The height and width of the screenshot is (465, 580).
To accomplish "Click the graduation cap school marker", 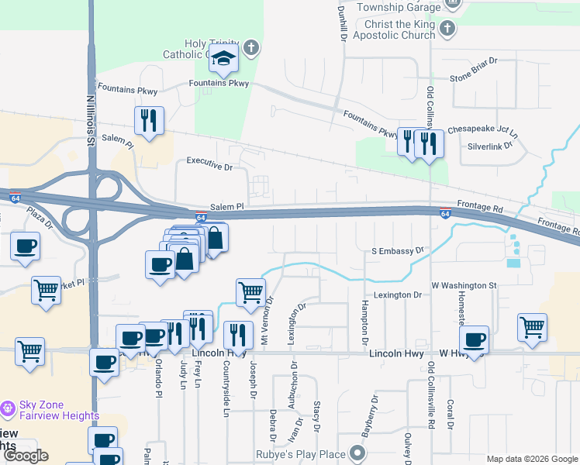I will tap(223, 58).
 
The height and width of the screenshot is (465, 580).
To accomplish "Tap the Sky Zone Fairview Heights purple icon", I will tap(8, 408).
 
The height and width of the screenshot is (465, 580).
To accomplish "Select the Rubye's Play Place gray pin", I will tap(357, 452).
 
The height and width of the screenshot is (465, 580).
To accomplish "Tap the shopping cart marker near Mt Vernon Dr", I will tap(250, 293).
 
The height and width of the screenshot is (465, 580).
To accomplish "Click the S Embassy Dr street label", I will tap(399, 251).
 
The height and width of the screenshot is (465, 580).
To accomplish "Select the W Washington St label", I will tap(464, 285).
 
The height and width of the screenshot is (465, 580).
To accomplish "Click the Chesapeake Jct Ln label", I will tap(483, 129).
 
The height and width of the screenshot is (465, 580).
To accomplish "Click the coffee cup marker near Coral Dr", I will tap(473, 339).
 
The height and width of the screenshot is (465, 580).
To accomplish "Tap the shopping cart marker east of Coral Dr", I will tap(532, 327).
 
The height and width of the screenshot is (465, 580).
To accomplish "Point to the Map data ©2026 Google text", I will tap(533, 459).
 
